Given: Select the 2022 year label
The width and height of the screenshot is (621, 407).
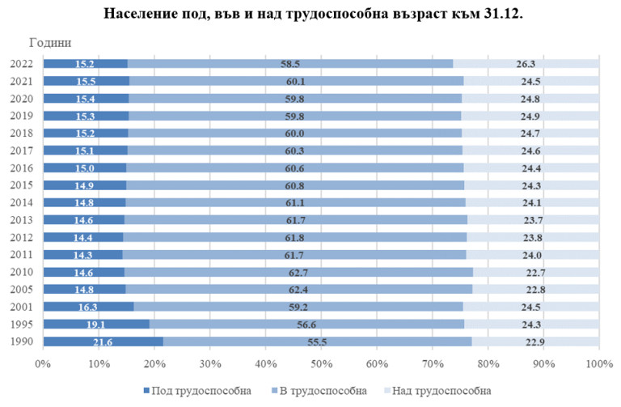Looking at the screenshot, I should click(x=22, y=64).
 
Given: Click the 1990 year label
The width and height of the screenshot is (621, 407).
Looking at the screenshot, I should click(x=22, y=341).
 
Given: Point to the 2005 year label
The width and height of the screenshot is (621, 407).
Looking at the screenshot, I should click(x=22, y=289).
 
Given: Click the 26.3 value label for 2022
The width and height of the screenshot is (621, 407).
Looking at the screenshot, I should click(x=526, y=64).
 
